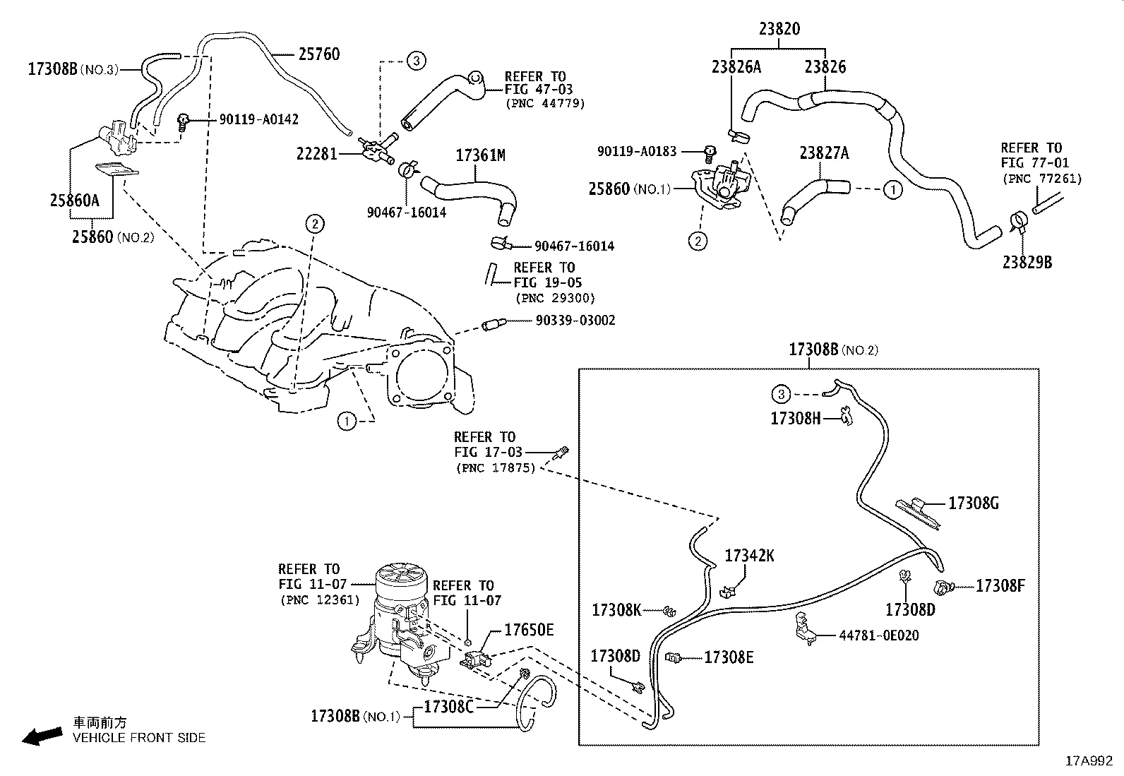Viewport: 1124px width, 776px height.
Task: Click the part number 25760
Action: pos(318,54)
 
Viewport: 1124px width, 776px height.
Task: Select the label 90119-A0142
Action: pos(258,119)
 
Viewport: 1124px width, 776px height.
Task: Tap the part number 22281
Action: pos(317,153)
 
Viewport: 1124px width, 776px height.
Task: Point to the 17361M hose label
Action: pos(480,155)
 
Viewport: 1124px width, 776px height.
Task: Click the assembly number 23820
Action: pos(779,29)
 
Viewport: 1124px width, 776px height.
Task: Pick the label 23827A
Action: pos(824,153)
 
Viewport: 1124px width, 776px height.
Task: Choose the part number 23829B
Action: pos(1027,262)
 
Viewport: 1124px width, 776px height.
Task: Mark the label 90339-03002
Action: pos(575,321)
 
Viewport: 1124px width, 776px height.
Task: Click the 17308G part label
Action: pos(974,503)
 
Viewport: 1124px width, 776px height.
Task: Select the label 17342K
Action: pos(749,556)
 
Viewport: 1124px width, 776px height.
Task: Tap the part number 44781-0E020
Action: pos(879,635)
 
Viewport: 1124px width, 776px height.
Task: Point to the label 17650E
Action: pos(529,630)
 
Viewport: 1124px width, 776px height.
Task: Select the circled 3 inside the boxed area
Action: pos(781,394)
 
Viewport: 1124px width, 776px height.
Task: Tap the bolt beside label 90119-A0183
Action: pos(709,150)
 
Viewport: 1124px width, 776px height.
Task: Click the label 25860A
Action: pos(74,200)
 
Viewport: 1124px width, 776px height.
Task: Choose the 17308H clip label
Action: pos(796,418)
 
